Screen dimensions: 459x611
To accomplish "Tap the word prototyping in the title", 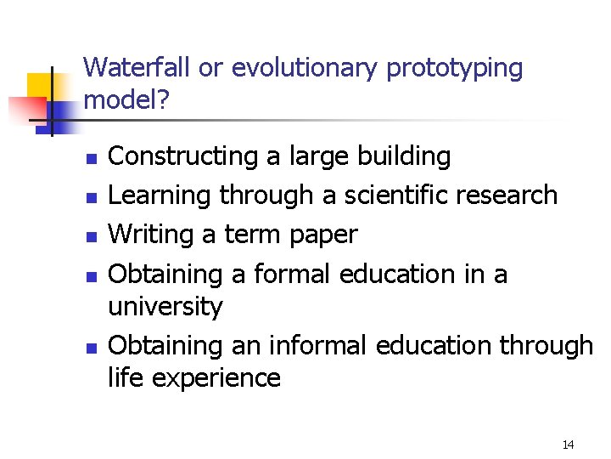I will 455,68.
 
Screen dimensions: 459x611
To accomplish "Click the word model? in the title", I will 127,101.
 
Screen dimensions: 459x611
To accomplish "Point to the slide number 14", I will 568,445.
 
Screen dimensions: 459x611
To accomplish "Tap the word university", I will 165,306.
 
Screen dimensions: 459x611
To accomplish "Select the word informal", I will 317,345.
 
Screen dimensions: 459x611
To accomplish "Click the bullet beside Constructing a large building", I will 91,159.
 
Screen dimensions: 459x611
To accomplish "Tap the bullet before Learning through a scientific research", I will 91,198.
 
